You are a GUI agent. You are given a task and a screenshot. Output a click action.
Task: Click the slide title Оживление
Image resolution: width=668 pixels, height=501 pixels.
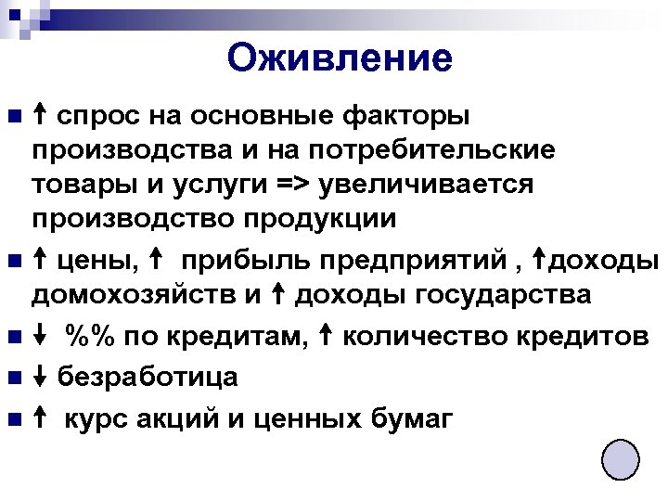(x=340, y=58)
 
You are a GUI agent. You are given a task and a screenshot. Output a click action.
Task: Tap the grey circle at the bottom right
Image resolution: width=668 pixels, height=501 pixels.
(x=621, y=459)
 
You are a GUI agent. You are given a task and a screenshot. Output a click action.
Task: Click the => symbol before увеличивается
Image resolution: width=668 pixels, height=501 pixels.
(x=296, y=185)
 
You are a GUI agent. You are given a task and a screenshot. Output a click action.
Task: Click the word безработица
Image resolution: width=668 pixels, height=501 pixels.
(x=148, y=378)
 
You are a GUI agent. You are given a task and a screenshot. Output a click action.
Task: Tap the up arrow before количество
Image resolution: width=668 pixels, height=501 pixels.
(x=328, y=335)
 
